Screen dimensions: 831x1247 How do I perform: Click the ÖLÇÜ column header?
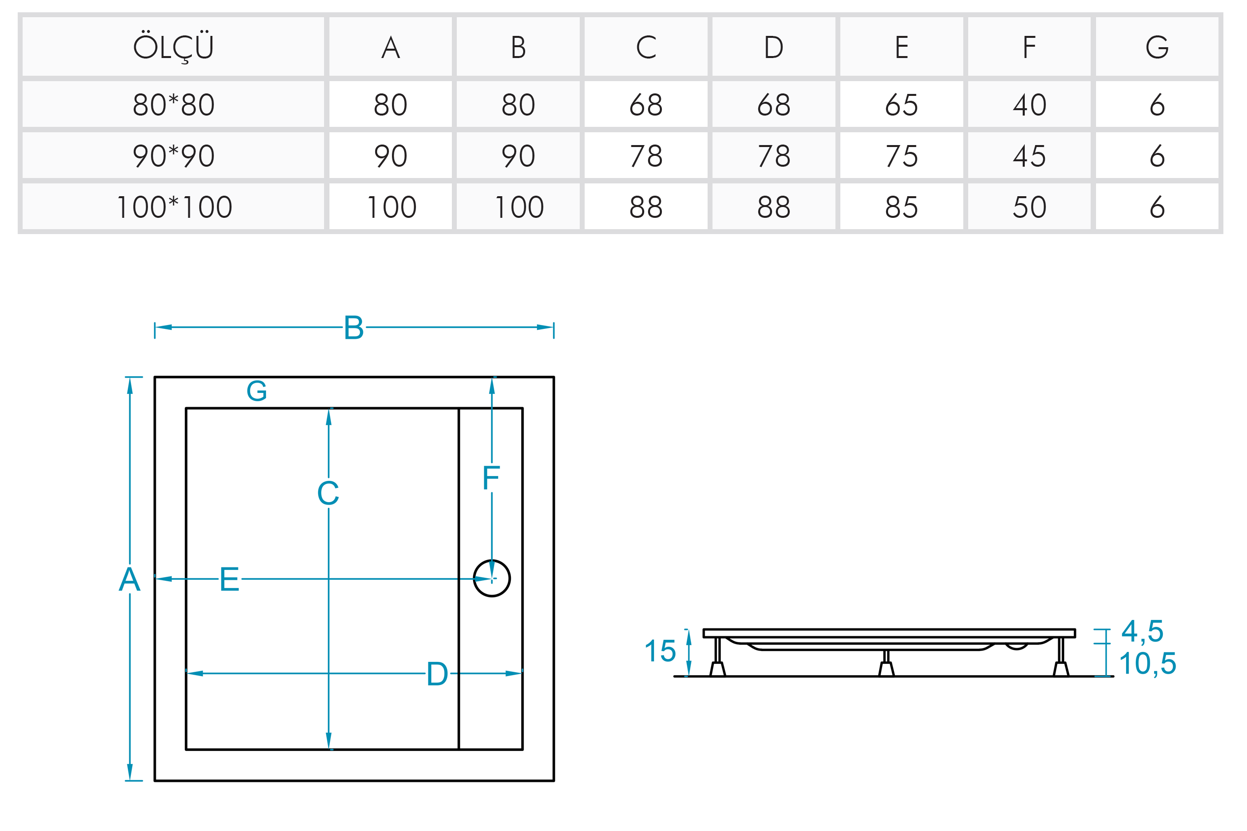point(173,47)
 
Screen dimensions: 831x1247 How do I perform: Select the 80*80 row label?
point(173,104)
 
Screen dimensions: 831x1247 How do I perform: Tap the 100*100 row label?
point(173,207)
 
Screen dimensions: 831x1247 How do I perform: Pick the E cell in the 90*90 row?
point(901,156)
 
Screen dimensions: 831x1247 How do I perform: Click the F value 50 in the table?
point(1029,207)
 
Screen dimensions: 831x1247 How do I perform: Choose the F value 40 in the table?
point(1029,104)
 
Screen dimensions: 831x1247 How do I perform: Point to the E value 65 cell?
point(901,104)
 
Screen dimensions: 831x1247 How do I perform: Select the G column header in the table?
point(1157,47)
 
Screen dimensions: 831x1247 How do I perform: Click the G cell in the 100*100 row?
point(1157,207)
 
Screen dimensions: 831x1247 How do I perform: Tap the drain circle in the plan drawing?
point(491,578)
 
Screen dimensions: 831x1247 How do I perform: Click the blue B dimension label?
point(354,327)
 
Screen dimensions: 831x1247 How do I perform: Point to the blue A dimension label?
point(129,579)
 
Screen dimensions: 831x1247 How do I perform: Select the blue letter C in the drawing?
point(328,493)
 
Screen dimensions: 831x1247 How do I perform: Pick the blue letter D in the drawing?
point(437,674)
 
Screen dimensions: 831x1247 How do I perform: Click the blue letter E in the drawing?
point(230,579)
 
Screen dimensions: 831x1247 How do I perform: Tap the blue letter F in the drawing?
point(491,477)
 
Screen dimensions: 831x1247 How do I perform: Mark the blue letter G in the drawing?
point(257,391)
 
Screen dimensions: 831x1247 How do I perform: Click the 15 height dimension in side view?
point(660,651)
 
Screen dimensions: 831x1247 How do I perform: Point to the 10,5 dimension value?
point(1147,663)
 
